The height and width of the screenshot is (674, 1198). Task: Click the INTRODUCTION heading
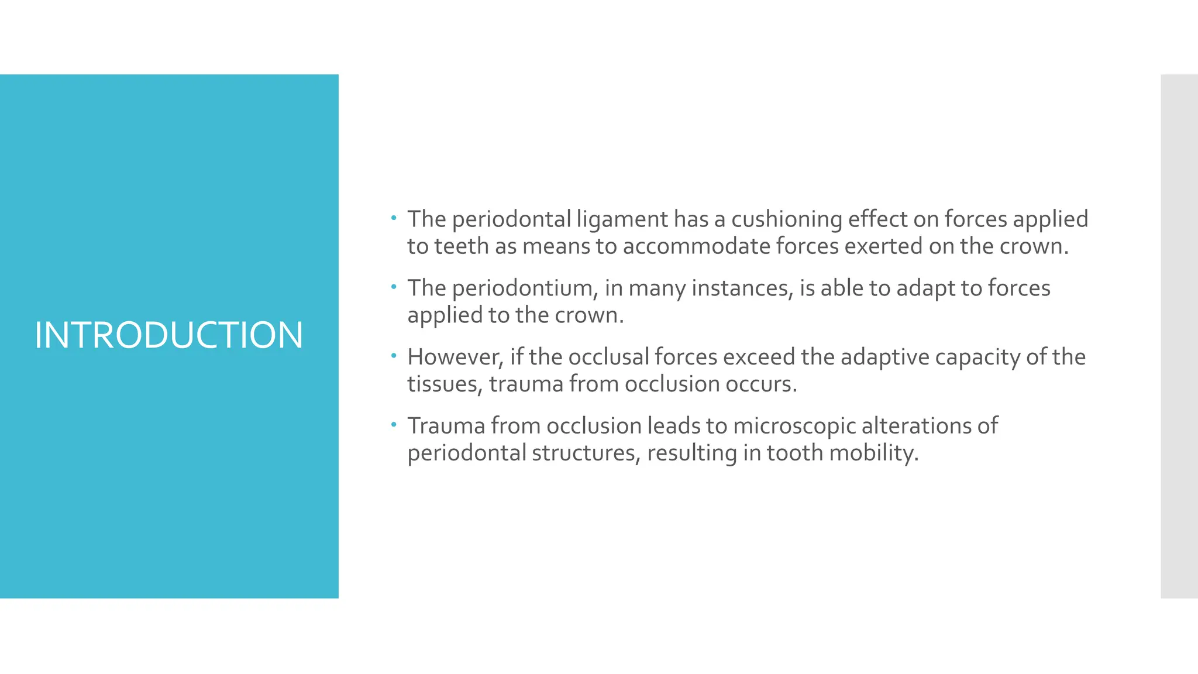pos(168,335)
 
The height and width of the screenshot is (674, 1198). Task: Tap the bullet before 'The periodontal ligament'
pos(394,218)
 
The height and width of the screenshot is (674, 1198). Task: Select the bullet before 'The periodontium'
pos(394,287)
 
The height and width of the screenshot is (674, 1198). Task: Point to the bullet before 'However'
pos(394,356)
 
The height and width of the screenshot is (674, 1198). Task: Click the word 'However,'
pos(455,357)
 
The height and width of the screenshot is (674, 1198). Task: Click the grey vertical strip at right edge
pos(1179,336)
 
